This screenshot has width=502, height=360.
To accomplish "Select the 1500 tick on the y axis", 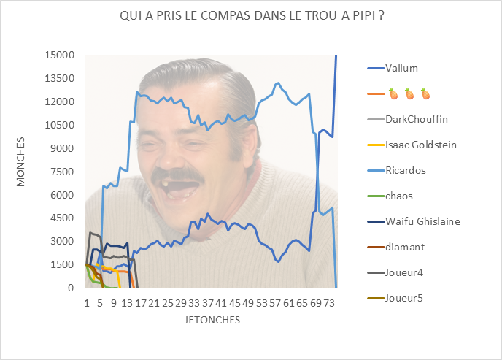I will pos(63,264).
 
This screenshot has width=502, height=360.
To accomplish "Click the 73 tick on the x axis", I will pos(329,302).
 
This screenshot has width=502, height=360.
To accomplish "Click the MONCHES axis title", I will pos(21,161).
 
